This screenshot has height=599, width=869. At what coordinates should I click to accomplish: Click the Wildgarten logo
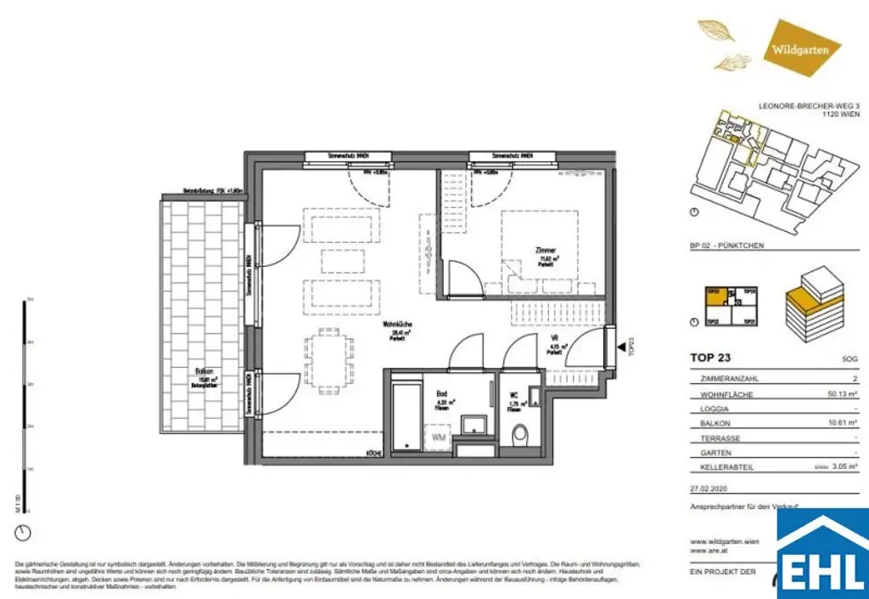click(800, 48)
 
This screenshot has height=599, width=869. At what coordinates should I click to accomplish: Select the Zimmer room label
click(545, 251)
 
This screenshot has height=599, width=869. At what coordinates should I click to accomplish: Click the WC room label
click(514, 396)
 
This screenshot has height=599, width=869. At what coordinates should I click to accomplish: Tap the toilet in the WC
click(519, 435)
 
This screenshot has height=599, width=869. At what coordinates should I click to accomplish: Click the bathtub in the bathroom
click(407, 417)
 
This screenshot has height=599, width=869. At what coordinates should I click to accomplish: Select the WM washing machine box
click(439, 437)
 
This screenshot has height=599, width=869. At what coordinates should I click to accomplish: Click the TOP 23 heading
click(712, 359)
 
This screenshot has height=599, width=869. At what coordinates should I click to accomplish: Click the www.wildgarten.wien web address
click(725, 541)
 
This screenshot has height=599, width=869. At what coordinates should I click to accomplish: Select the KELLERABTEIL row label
click(721, 467)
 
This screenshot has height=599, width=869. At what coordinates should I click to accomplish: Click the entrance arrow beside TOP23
click(624, 347)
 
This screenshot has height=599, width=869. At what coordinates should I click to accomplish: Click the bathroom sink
click(470, 424)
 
